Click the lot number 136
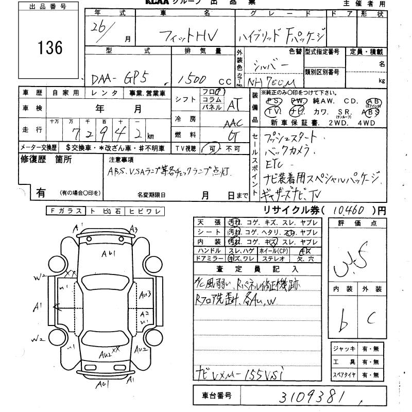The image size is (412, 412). pos(50,48)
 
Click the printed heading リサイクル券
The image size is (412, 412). pos(291,211)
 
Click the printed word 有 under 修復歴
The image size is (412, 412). pos(40,193)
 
